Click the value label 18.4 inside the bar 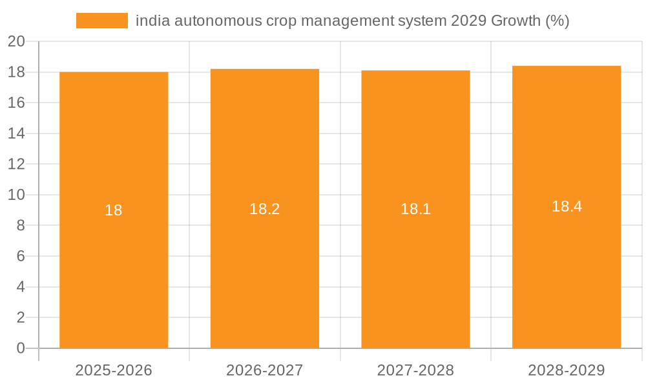[567, 206]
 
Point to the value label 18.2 [265, 209]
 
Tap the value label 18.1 [415, 209]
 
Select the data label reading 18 [114, 210]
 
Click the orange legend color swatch [102, 21]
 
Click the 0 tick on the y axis [21, 348]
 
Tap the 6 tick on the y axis [21, 256]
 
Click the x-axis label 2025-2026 [114, 370]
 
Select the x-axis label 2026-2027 [265, 370]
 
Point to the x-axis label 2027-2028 [415, 370]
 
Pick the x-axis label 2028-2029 [567, 370]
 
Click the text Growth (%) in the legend [530, 21]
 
